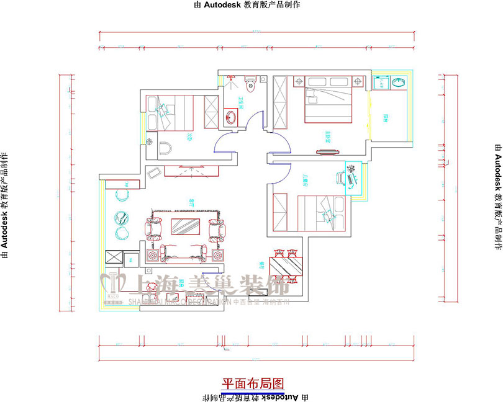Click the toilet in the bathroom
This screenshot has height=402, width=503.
tap(250, 81)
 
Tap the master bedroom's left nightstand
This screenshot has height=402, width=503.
tap(298, 81)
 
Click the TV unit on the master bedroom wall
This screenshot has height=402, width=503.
tap(324, 149)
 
